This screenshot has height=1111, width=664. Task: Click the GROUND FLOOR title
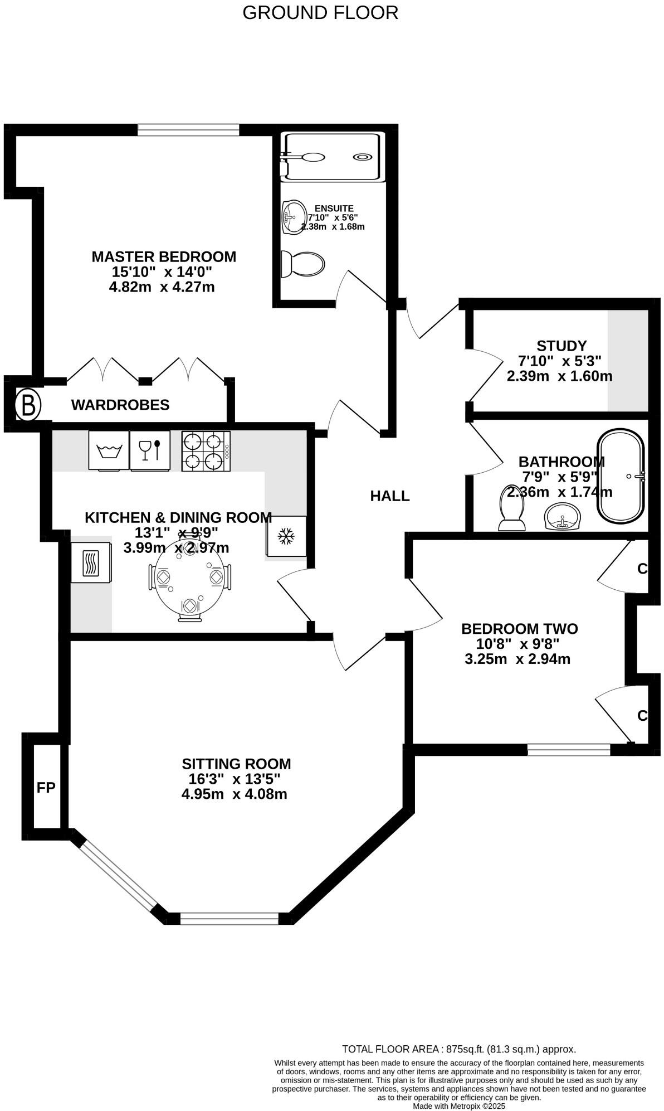320,12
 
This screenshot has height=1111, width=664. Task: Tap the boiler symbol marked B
27,405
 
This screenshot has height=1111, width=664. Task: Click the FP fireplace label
46,788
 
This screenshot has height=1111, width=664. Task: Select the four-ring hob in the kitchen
206,451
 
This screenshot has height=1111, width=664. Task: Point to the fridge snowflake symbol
286,536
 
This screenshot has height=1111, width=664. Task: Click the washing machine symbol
109,450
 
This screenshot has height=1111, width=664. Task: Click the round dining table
189,578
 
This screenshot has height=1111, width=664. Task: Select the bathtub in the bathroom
621,476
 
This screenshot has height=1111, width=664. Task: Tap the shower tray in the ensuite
333,157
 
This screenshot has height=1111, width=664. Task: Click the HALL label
390,496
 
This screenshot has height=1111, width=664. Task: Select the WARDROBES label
120,405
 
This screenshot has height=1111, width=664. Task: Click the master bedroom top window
188,130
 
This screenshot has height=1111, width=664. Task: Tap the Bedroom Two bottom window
569,750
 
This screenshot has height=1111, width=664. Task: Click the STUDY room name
562,346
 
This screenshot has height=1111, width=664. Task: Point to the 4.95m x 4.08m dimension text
234,794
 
